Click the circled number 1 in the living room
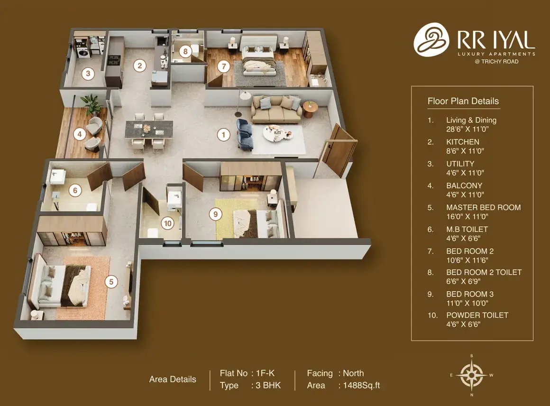pyautogui.click(x=223, y=134)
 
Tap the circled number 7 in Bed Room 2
pyautogui.click(x=224, y=66)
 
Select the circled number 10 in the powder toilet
pyautogui.click(x=168, y=223)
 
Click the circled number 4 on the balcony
pyautogui.click(x=80, y=134)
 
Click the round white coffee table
pyautogui.click(x=278, y=133)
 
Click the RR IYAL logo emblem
pyautogui.click(x=431, y=40)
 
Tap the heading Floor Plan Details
pyautogui.click(x=463, y=101)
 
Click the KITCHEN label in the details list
pyautogui.click(x=463, y=142)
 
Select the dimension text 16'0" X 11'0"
pyautogui.click(x=467, y=216)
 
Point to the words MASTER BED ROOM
pyautogui.click(x=483, y=207)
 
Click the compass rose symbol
pyautogui.click(x=472, y=375)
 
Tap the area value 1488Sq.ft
pyautogui.click(x=361, y=385)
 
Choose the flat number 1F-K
pyautogui.click(x=265, y=373)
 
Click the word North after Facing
pyautogui.click(x=353, y=373)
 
